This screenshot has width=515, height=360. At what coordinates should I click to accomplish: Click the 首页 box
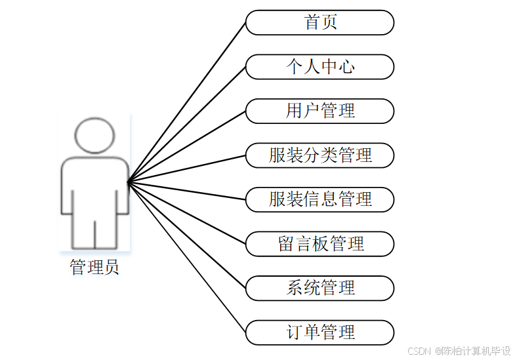[320, 22]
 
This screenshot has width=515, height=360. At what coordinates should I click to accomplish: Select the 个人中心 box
[320, 67]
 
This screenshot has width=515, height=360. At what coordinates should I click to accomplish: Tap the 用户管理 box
[320, 111]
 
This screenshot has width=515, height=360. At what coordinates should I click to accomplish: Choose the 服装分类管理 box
[320, 155]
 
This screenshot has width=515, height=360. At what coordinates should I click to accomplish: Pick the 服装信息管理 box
[320, 199]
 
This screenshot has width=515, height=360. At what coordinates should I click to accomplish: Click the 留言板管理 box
[320, 244]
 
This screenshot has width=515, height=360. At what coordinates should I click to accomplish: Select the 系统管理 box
[320, 288]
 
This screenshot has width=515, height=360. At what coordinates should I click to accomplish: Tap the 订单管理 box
[320, 332]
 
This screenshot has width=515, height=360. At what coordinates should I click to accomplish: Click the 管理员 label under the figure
[94, 268]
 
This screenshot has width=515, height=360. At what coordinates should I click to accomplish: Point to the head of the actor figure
[94, 135]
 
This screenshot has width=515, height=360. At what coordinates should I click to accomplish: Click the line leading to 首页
[187, 102]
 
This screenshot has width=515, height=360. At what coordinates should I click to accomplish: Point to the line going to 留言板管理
[187, 212]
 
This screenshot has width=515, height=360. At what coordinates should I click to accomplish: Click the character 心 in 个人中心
[347, 67]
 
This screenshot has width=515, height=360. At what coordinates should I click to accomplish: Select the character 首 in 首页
[312, 22]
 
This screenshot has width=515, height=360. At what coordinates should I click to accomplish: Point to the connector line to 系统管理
[187, 235]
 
